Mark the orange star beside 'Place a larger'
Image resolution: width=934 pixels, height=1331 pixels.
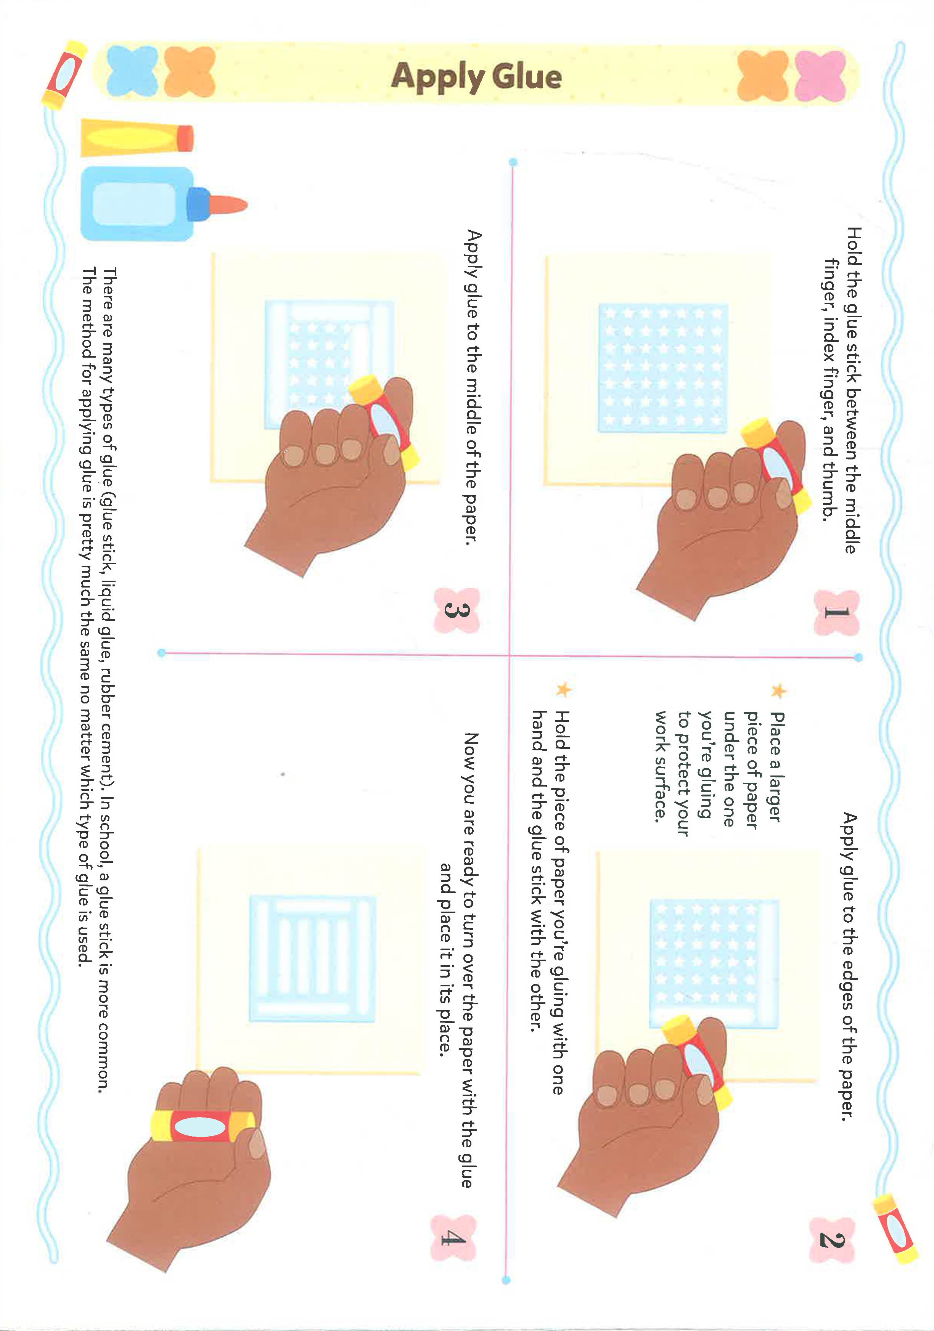click(x=779, y=691)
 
